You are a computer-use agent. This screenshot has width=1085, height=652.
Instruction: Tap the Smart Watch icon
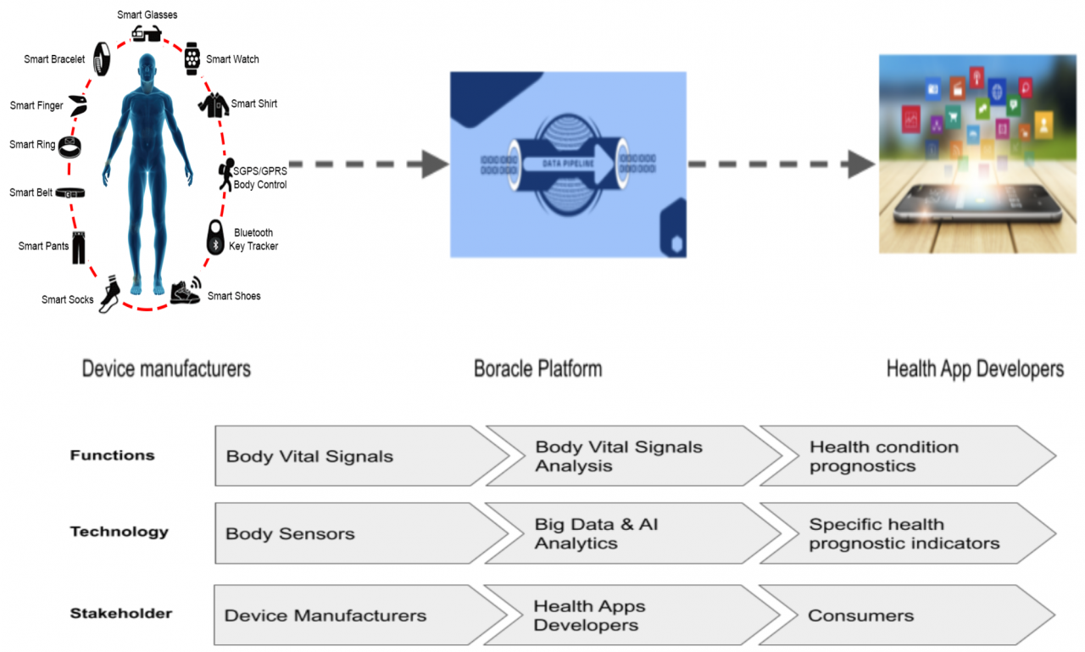point(192,59)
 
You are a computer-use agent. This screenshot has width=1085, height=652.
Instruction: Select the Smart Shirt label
point(254,103)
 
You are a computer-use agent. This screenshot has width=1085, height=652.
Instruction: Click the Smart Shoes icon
point(186,292)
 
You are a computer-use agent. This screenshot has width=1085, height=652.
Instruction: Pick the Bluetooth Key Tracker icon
point(215,238)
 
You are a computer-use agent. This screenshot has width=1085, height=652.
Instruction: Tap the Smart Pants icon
point(80,247)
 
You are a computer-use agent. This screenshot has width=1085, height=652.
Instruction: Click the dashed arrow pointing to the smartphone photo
point(781,164)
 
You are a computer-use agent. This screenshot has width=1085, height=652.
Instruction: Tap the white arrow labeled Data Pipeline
point(568,164)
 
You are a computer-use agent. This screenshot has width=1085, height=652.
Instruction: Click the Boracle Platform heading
point(538,369)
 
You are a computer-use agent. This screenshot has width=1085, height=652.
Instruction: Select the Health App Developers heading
point(975,369)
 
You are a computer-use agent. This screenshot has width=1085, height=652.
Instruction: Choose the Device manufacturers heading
point(166,369)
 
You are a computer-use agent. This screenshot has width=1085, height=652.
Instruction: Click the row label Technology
point(119,532)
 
